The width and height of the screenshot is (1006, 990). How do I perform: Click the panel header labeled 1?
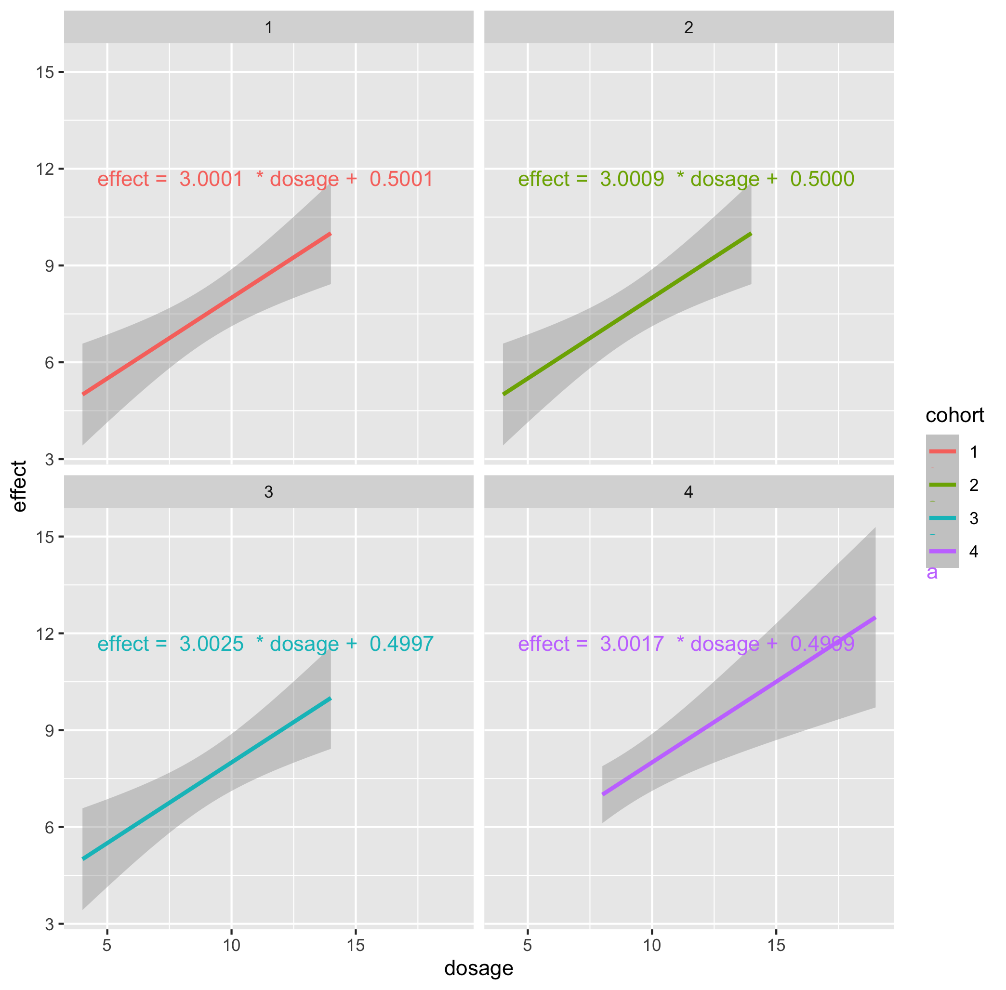[x=268, y=27]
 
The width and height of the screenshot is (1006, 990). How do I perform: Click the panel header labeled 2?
[x=688, y=27]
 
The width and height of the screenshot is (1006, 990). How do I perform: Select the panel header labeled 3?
[x=268, y=492]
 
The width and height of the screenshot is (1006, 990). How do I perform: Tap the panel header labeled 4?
[x=688, y=492]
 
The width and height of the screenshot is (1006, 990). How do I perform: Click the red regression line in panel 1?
[x=206, y=314]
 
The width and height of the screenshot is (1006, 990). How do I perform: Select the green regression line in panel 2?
[x=627, y=314]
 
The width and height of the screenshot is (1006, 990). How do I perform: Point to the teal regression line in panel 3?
[x=206, y=779]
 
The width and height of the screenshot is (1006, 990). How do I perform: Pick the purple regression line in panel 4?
[x=738, y=706]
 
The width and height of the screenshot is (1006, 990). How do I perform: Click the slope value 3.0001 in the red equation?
[x=211, y=179]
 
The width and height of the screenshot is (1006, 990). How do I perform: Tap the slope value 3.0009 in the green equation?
[x=632, y=179]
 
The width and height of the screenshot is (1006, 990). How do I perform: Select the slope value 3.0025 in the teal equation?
[x=211, y=644]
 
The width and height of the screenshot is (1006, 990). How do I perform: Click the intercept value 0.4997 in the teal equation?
[x=401, y=644]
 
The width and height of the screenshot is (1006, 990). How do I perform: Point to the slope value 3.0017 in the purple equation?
[x=632, y=644]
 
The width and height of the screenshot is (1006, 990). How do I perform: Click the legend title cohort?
[x=954, y=415]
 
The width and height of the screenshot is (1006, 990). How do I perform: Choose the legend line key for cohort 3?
[x=942, y=518]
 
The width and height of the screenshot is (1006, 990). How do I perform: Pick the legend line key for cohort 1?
[x=942, y=451]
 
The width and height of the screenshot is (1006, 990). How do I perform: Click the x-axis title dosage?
[x=478, y=968]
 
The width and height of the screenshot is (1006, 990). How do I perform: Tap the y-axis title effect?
[x=19, y=486]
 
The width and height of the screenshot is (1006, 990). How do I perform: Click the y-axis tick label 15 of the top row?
[x=45, y=72]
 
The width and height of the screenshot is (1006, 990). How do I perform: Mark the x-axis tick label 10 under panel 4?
[x=652, y=945]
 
